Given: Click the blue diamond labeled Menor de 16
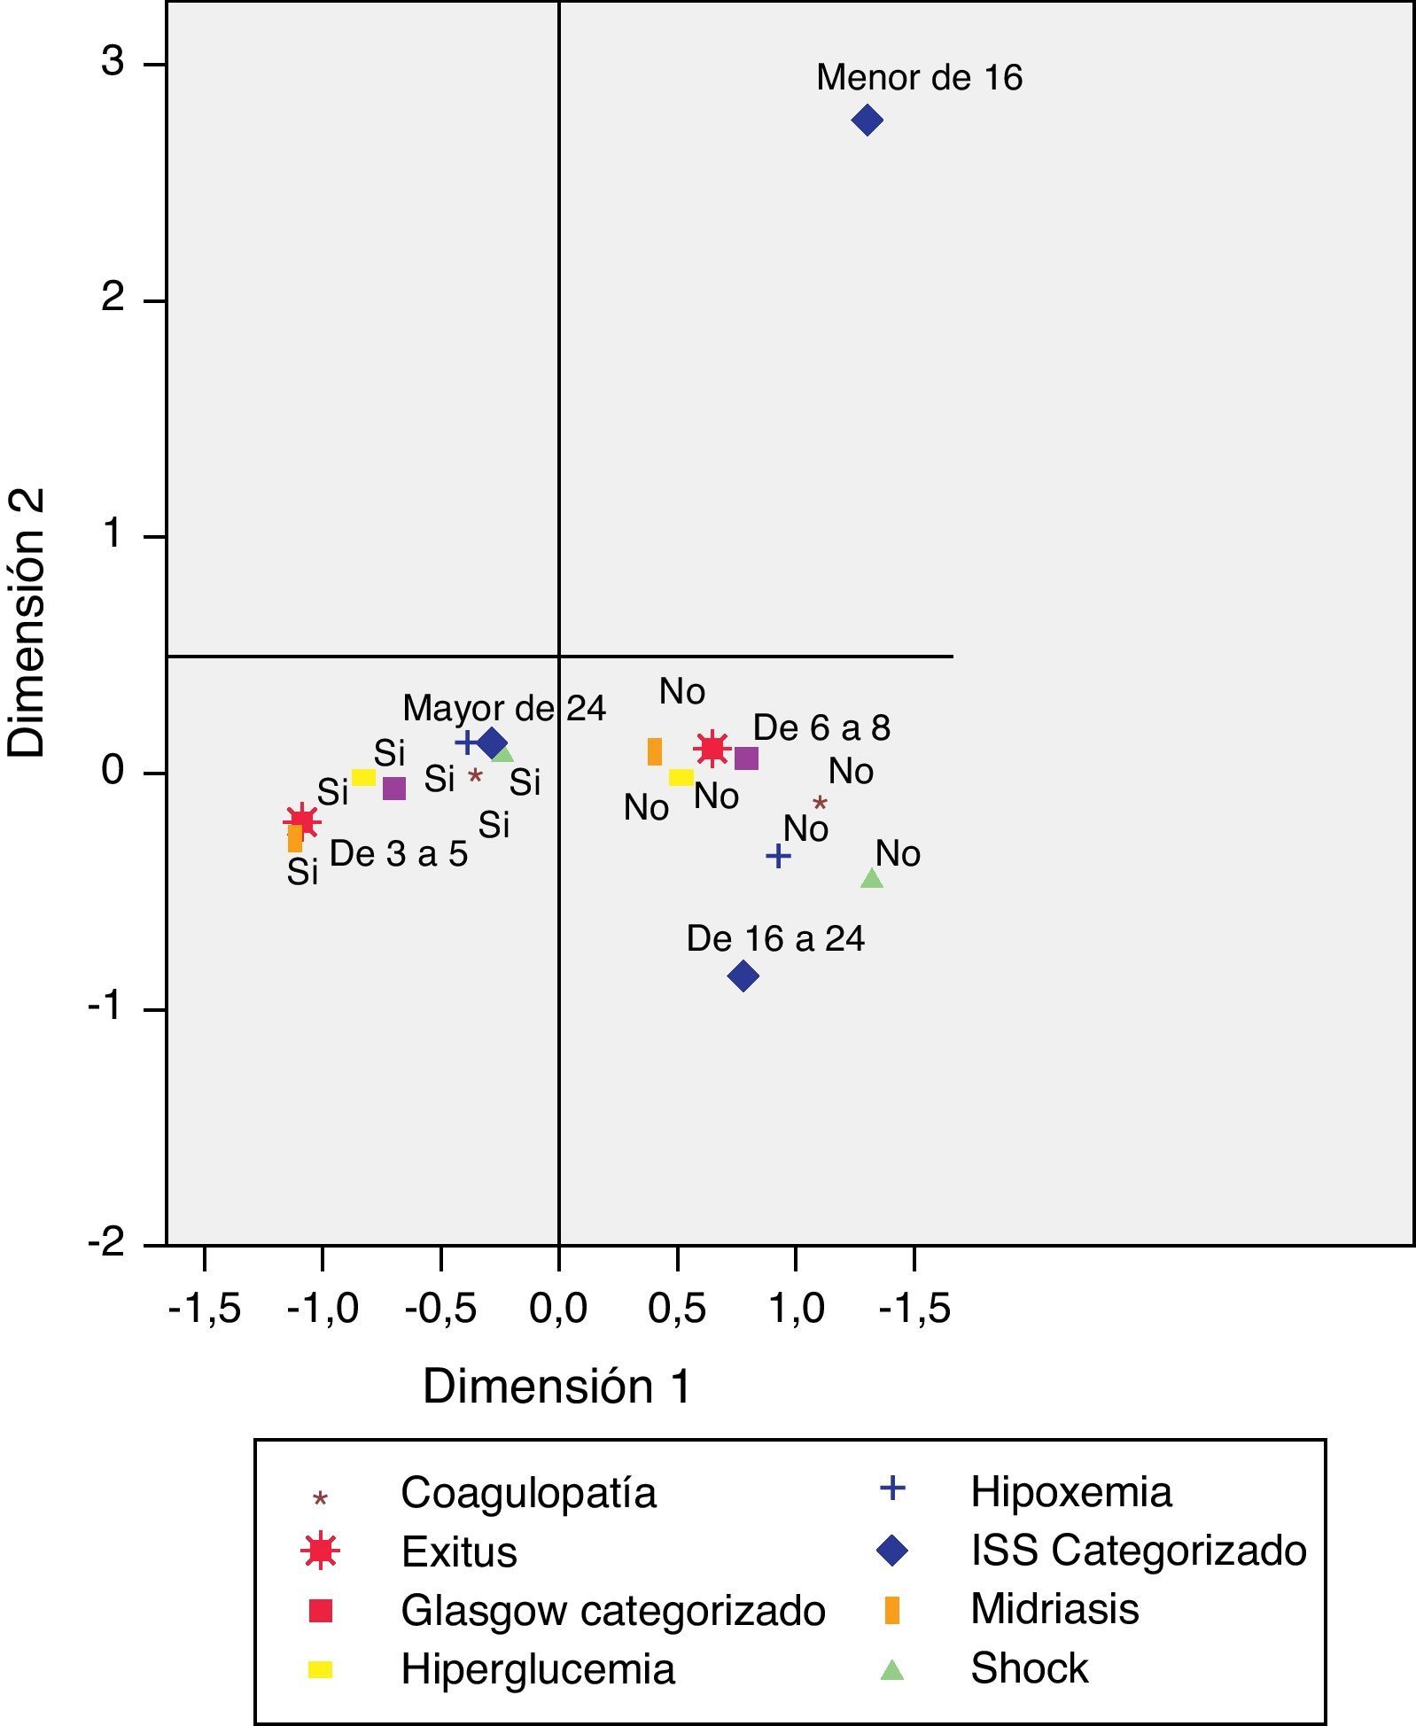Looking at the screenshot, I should (x=867, y=121).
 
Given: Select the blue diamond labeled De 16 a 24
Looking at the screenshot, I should (x=743, y=976).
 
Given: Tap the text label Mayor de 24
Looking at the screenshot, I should (x=504, y=708).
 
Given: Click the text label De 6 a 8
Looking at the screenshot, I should (x=821, y=727).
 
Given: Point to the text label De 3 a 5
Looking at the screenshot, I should (x=399, y=853).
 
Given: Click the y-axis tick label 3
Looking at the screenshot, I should (x=112, y=63).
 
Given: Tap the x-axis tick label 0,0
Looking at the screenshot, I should (x=558, y=1308).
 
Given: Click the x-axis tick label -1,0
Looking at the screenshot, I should (x=323, y=1308).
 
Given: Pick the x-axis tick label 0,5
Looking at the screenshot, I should (x=676, y=1308).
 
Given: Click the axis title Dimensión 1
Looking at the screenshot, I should (x=556, y=1386).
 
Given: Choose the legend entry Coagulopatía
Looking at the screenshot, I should (x=528, y=1493).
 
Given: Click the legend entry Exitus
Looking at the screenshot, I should (x=458, y=1552).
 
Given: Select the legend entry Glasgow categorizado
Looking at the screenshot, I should (x=612, y=1611).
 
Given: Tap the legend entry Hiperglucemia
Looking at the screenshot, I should (x=537, y=1669).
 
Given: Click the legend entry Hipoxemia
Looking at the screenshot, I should (x=1070, y=1492).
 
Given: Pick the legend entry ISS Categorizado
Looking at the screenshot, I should (x=1138, y=1551).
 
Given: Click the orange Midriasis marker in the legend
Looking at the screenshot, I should (x=892, y=1610).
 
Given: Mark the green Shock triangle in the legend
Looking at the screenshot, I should (x=891, y=1670).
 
